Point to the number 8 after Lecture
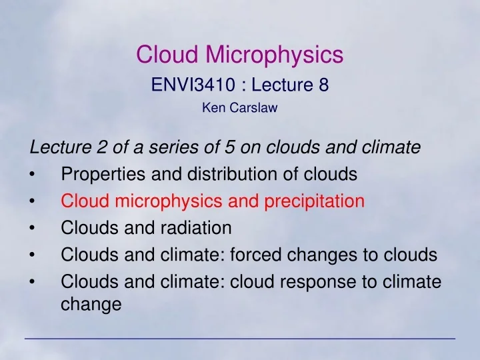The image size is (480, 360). (323, 85)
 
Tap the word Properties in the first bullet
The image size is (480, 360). (97, 175)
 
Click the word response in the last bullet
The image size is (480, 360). (311, 282)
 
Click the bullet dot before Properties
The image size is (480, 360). (33, 175)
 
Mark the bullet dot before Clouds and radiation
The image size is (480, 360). (33, 229)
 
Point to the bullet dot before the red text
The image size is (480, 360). (33, 202)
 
